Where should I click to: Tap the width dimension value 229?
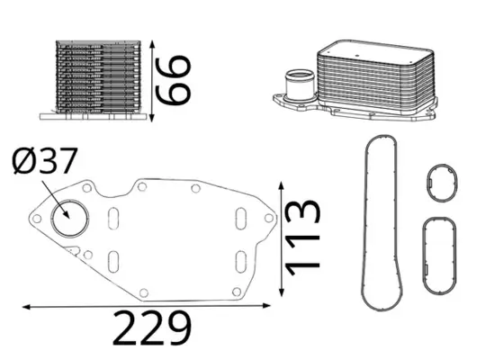coord(150,329)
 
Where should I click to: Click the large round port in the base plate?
coord(67,218)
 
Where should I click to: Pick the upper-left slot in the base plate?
coord(114,219)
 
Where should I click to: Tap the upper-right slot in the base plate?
coord(240,219)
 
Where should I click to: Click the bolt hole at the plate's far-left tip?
coord(36,218)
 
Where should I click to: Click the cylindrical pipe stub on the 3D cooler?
coord(297,85)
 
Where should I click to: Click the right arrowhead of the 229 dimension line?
coord(273,308)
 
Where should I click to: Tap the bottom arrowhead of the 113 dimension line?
coord(283,292)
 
